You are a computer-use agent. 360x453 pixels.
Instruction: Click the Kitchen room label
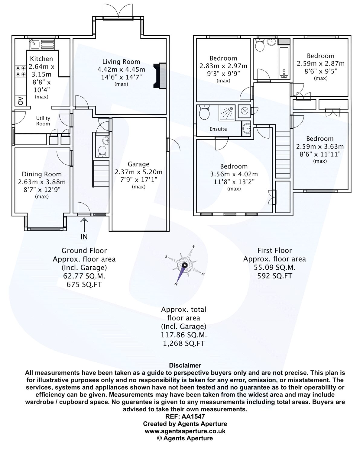click(x=41, y=59)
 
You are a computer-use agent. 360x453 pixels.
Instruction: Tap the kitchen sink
click(x=34, y=44)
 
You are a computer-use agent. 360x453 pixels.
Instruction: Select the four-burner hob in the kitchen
click(x=21, y=71)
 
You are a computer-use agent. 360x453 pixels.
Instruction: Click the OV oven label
click(x=21, y=101)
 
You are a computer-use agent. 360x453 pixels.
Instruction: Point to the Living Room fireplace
click(x=160, y=75)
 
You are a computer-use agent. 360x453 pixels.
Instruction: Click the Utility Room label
click(x=43, y=121)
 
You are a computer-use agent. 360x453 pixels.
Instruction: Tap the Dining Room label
click(x=42, y=174)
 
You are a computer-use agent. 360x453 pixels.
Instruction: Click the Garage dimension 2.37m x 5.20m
click(x=138, y=172)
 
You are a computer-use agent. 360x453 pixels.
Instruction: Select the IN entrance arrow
click(x=84, y=225)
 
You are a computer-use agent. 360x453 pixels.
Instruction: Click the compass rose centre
click(x=185, y=265)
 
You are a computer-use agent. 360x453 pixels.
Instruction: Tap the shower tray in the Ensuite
click(x=227, y=113)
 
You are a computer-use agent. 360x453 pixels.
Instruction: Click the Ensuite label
click(x=218, y=129)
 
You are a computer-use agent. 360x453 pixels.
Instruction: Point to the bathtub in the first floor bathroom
click(x=284, y=63)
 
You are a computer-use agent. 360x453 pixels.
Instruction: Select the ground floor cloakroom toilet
click(x=102, y=151)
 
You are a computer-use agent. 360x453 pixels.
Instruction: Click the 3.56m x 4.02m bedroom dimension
click(x=234, y=174)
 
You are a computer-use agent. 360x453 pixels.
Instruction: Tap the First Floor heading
click(x=275, y=250)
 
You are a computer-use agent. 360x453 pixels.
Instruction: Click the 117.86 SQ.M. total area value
click(x=184, y=335)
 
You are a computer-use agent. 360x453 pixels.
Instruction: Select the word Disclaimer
click(x=185, y=365)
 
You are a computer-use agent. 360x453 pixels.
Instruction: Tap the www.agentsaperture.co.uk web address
click(x=185, y=431)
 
